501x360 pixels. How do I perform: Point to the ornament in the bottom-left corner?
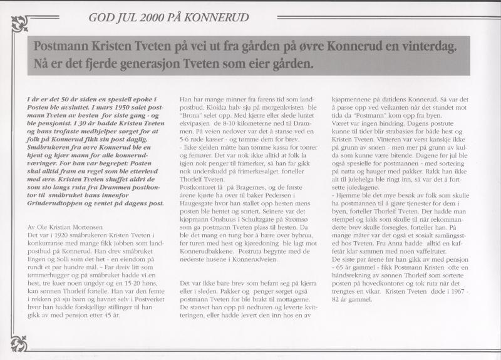pos(18,342)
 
